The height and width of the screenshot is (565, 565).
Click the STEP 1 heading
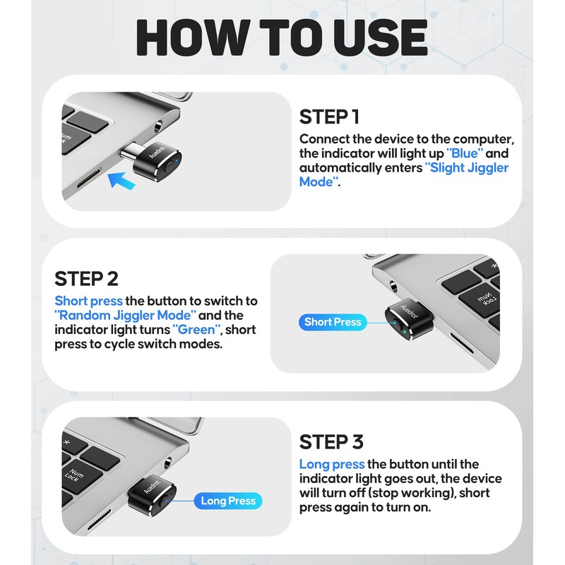point(334,117)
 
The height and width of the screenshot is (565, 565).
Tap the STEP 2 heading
point(86,278)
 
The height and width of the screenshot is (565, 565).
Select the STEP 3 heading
point(331,442)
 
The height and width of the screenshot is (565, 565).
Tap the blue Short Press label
point(332,322)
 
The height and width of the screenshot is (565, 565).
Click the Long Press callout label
point(227,501)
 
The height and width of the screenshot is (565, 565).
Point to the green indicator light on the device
point(400,329)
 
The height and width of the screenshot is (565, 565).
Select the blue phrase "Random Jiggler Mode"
point(124,315)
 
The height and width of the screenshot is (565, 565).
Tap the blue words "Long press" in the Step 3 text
point(331,464)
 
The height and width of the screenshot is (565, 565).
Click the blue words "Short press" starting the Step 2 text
point(88,301)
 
